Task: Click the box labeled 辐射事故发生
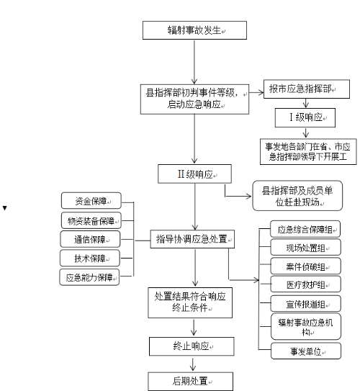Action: (194, 30)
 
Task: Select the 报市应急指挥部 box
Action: (307, 89)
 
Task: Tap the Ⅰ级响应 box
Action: (305, 117)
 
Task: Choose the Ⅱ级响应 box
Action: (194, 174)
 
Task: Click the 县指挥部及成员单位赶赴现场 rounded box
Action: (297, 196)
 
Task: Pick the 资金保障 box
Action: (91, 200)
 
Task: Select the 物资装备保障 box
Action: (91, 220)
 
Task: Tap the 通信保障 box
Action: (90, 239)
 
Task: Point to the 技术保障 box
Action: (90, 258)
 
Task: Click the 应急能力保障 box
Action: (89, 277)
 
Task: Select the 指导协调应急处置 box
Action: (192, 239)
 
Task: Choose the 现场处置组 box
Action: (306, 247)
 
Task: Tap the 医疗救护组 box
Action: (306, 284)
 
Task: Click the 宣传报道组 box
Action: (306, 303)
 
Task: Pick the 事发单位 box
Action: (306, 351)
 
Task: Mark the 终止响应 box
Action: (192, 346)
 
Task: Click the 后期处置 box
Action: (191, 381)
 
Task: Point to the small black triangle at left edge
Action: (4, 208)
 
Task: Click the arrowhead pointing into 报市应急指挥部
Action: (261, 93)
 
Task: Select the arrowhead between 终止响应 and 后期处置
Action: (193, 368)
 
